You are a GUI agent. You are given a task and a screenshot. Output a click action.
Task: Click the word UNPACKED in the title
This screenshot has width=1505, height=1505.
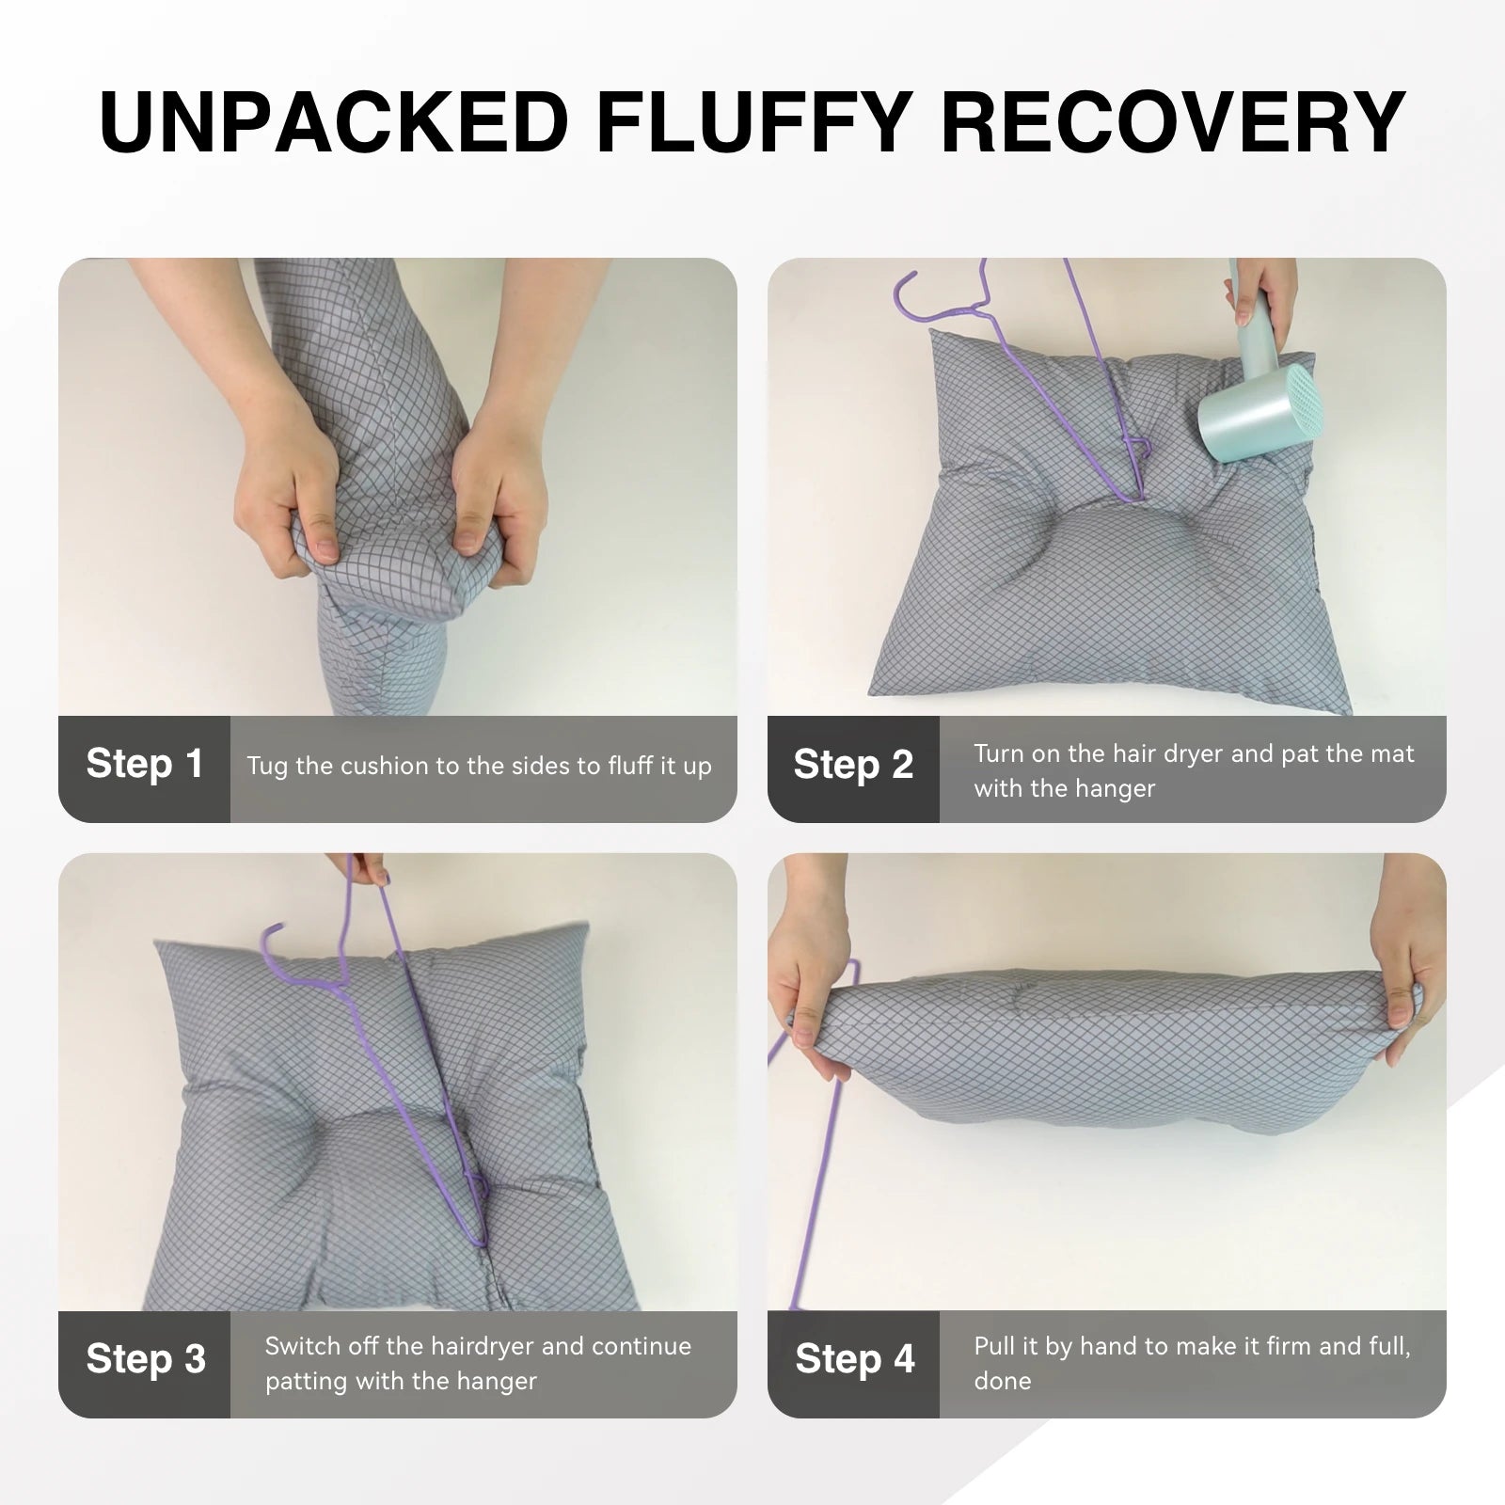click(334, 122)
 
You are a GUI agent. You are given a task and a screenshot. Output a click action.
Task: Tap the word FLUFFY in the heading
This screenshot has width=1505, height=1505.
click(754, 122)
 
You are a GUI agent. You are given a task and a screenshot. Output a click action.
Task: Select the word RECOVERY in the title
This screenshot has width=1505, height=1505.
click(1173, 122)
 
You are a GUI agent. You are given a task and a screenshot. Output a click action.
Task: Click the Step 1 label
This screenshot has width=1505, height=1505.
click(144, 764)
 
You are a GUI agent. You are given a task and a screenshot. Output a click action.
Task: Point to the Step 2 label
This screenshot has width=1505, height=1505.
click(853, 765)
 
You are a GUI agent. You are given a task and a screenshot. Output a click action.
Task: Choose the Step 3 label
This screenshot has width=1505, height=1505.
click(146, 1359)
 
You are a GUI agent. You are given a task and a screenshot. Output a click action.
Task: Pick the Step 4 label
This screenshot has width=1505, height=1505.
click(855, 1359)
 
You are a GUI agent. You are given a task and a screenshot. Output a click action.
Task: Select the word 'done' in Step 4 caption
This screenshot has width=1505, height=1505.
click(1003, 1381)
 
